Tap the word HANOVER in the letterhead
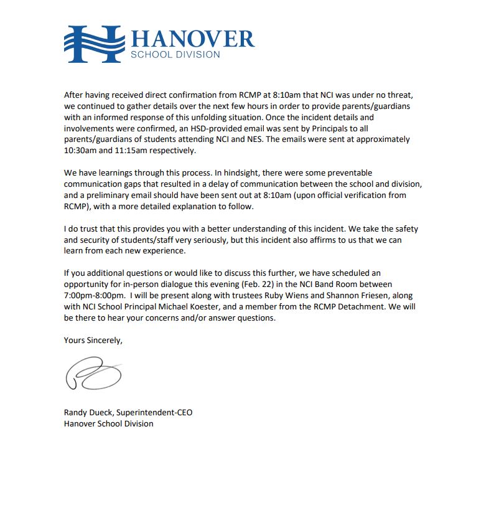click(x=192, y=38)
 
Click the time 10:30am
click(x=83, y=151)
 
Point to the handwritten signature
click(x=93, y=374)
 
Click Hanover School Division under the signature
click(x=108, y=423)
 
